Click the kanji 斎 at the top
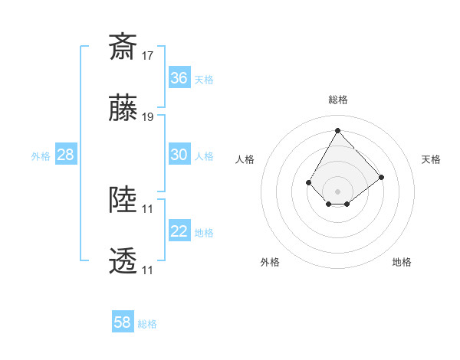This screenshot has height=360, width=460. point(123,47)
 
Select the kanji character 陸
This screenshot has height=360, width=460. point(123,199)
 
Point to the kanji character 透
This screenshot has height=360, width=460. point(123,260)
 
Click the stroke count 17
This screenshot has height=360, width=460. point(148,56)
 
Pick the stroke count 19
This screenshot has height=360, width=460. point(148,117)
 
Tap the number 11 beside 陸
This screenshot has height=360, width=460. point(148,208)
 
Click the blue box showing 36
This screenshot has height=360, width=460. point(179,78)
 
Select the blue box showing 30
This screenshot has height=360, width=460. point(179,155)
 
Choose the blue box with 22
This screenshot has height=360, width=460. point(179,231)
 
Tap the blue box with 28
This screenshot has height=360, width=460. point(65,155)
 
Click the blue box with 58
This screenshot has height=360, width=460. point(122,322)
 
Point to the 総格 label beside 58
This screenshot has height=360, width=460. point(147,324)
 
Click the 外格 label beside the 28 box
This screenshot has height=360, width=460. point(41,156)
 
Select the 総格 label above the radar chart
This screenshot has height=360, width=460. point(338,100)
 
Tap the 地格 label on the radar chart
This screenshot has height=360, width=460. point(402,262)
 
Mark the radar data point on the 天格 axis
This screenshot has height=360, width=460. point(382,177)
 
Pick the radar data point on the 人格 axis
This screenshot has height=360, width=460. point(308,182)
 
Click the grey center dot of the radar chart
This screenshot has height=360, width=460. point(337,191)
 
